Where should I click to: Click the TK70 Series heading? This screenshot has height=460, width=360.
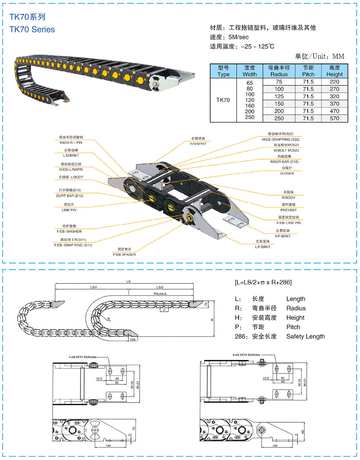[32, 30]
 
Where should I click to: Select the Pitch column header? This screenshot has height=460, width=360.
[308, 71]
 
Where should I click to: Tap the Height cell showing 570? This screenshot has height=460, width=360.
[334, 118]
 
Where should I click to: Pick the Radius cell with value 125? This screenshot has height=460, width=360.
[279, 96]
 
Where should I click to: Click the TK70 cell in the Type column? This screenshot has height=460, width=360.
[223, 100]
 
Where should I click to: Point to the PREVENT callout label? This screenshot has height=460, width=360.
[288, 210]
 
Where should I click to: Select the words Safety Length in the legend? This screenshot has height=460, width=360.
[305, 336]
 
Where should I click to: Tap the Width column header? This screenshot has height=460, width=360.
[250, 71]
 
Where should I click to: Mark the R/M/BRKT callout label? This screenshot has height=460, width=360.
[200, 144]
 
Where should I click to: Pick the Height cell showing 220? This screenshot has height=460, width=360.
[334, 81]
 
